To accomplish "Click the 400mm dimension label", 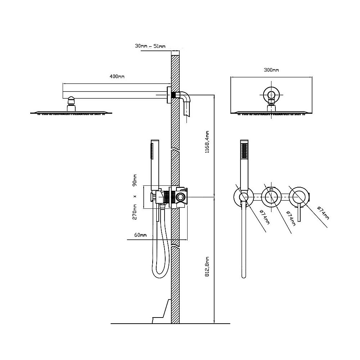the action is tap(117, 76).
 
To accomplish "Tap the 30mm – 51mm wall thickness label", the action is tap(150, 46).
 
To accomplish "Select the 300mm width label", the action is tap(271, 70).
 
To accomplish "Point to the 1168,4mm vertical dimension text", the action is tap(207, 142).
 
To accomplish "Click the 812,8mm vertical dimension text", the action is tap(207, 266).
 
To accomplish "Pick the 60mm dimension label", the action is tap(140, 235).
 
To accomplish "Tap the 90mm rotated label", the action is tap(135, 180).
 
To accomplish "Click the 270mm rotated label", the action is tap(135, 212).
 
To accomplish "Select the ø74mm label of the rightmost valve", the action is tap(323, 213).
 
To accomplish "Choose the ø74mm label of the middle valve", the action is tap(291, 218).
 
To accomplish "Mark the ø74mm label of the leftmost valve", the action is tap(265, 217).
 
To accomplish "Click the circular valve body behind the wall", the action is tap(180, 197).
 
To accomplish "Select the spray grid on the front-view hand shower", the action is tap(244, 150).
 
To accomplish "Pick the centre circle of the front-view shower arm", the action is tap(271, 95).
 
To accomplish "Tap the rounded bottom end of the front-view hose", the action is tap(244, 276).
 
